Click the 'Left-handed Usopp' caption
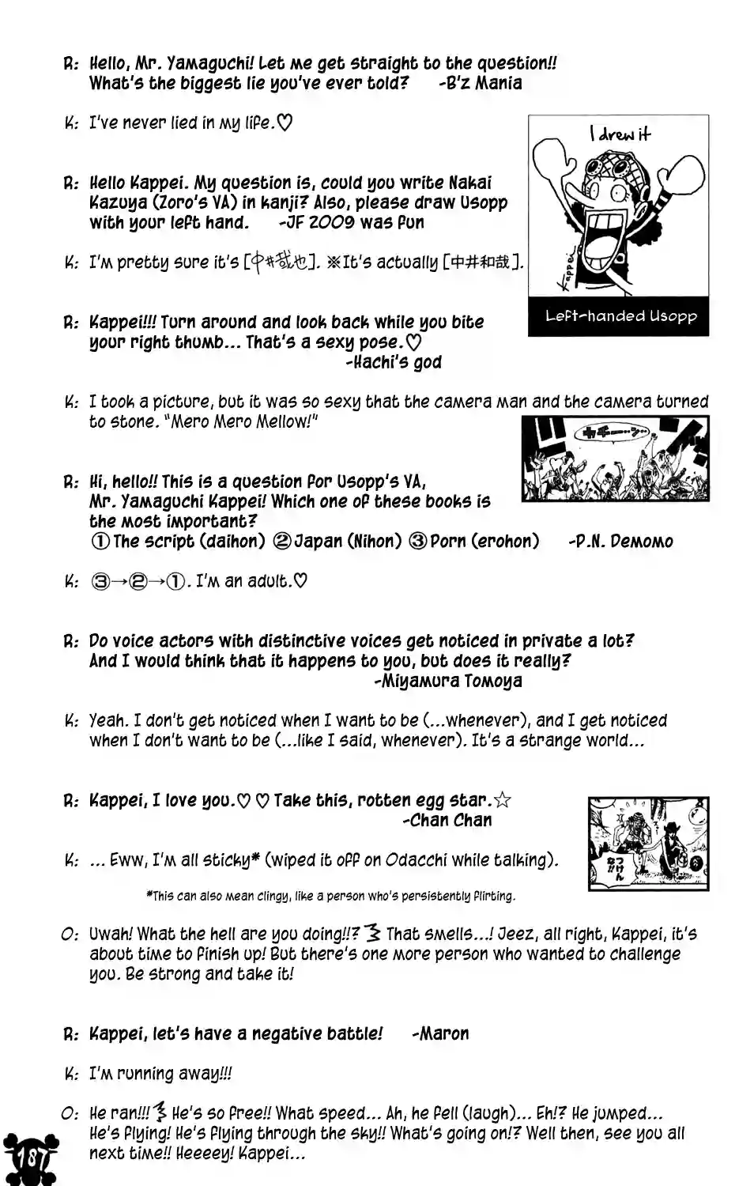tap(620, 316)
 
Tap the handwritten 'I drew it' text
tap(620, 134)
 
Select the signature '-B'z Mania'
tap(480, 83)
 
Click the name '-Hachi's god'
tap(394, 362)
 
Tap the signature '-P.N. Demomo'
tap(620, 542)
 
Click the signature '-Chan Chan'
tap(447, 821)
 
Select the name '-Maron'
tap(440, 1033)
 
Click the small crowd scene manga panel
tap(615, 459)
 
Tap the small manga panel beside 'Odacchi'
tap(648, 843)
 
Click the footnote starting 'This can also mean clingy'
tap(330, 896)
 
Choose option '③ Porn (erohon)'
tap(473, 542)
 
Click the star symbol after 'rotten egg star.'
tap(502, 800)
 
